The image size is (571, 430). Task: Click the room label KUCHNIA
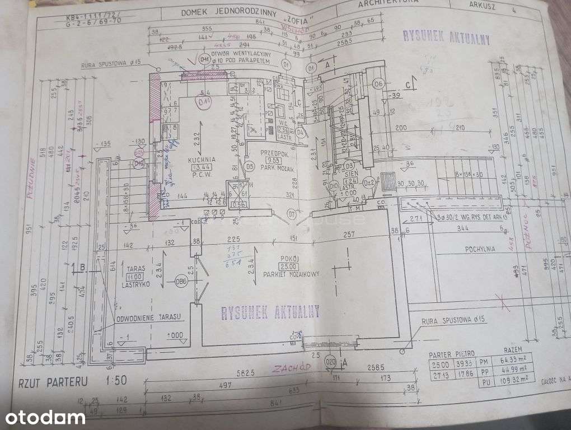pos(202,160)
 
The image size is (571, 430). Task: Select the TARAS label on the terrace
pos(133,268)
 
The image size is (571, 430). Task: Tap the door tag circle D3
pos(349,166)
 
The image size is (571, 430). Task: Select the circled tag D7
pos(292,213)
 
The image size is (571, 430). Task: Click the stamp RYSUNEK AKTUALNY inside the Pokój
pos(270,312)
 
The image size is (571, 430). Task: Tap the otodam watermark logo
pos(46,417)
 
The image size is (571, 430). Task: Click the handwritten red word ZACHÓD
pos(291,368)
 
